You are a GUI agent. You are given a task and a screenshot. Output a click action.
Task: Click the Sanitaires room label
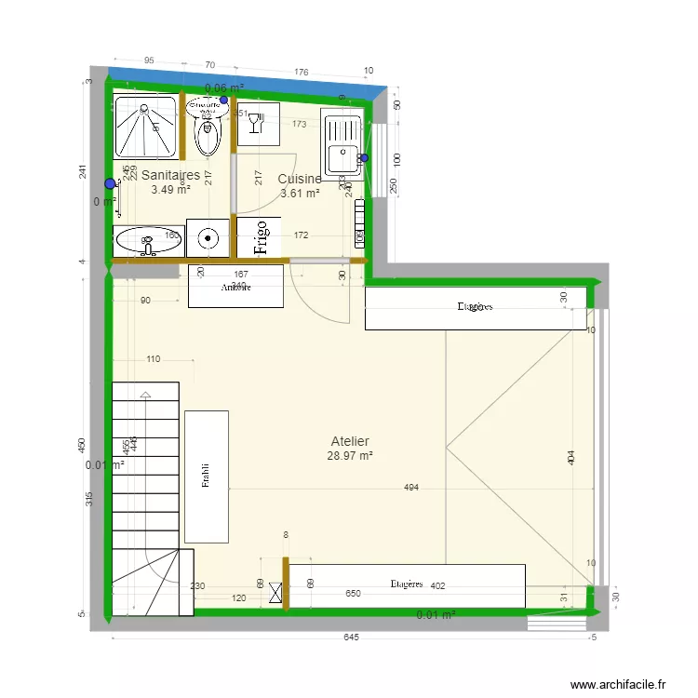[x=170, y=175]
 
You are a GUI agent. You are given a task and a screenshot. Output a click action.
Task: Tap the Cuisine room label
[x=300, y=180]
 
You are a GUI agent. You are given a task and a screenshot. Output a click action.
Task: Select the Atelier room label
[x=350, y=441]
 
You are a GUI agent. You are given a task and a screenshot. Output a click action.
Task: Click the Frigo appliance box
[x=260, y=236]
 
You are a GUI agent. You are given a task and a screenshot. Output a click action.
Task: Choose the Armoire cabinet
[x=236, y=288]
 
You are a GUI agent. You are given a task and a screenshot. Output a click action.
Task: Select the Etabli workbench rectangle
[x=207, y=476]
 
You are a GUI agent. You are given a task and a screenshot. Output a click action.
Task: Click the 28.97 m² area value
[x=350, y=457]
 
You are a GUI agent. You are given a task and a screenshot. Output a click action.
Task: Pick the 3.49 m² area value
[x=170, y=190]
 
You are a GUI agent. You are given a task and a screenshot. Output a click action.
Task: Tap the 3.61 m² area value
[x=300, y=195]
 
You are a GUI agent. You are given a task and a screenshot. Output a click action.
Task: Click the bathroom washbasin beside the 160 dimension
[x=146, y=240]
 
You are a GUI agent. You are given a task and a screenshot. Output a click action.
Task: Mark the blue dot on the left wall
[x=110, y=183]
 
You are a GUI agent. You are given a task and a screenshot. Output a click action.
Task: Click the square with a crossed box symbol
[x=275, y=593]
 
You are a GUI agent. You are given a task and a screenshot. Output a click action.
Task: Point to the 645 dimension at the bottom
[x=350, y=638]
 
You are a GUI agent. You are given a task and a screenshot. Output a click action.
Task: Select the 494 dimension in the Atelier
[x=410, y=488]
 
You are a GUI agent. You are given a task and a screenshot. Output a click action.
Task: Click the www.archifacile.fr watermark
[x=618, y=684]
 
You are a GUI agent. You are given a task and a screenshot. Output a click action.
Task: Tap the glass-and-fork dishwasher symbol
[x=259, y=122]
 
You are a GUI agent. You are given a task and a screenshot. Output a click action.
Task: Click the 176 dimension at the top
[x=301, y=72]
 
